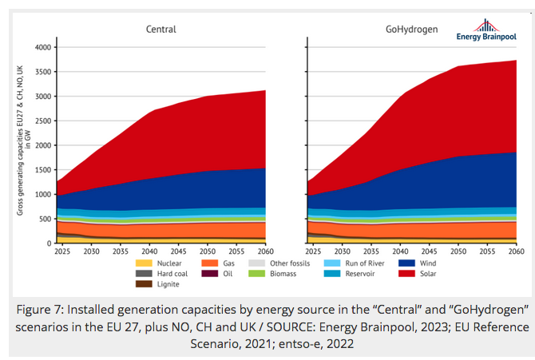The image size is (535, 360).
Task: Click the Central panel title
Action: (160, 30)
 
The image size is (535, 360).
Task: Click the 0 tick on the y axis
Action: (48, 243)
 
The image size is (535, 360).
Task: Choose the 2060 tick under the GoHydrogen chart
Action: (516, 251)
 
